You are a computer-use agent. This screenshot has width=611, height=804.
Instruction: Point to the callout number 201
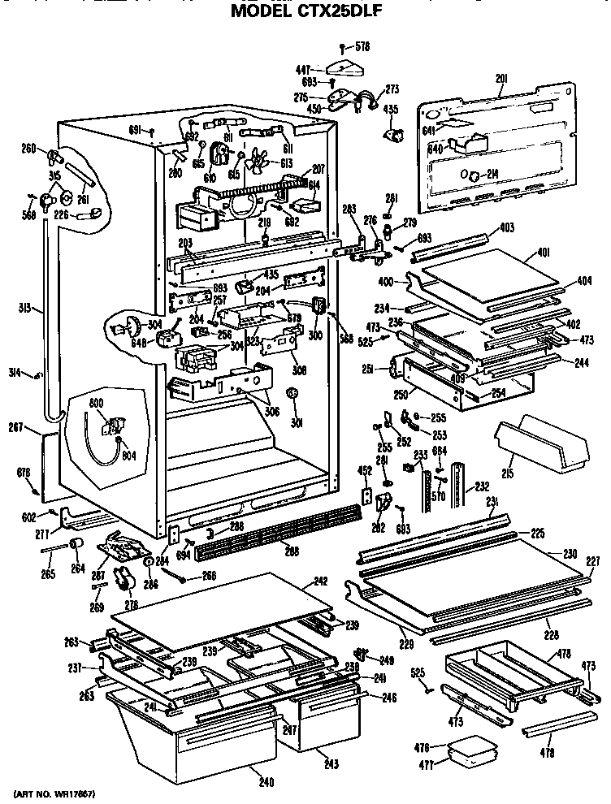pyautogui.click(x=500, y=79)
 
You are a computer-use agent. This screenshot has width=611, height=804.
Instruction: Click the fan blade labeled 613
pyautogui.click(x=259, y=161)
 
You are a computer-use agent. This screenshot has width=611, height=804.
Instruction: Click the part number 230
pyautogui.click(x=569, y=554)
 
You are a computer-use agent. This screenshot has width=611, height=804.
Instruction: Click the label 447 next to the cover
pyautogui.click(x=303, y=71)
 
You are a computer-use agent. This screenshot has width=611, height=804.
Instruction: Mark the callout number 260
pyautogui.click(x=28, y=148)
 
